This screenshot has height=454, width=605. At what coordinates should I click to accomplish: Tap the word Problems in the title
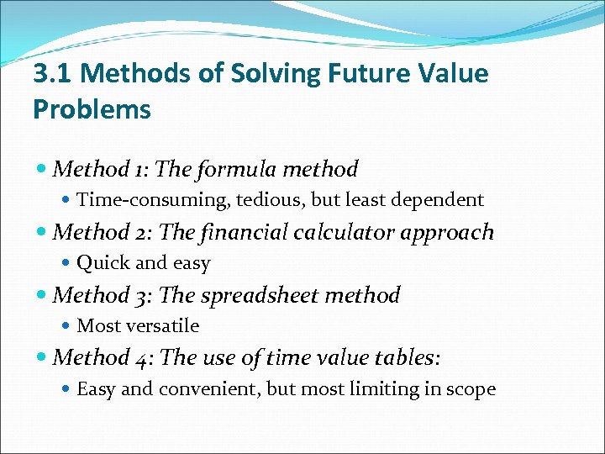[x=92, y=109]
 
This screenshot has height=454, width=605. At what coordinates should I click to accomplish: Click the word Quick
[x=102, y=263]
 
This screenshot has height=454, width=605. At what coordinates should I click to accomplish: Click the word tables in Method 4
[x=403, y=357]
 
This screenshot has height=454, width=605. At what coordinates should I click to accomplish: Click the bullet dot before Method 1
[x=43, y=170]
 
